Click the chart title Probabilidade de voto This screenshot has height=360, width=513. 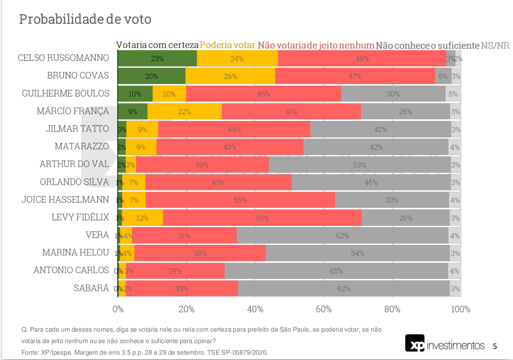pyautogui.click(x=85, y=19)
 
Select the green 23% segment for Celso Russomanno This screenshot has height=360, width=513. pyautogui.click(x=157, y=58)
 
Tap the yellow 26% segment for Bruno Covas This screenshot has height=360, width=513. pyautogui.click(x=230, y=76)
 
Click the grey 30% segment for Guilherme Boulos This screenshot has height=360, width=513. pyautogui.click(x=393, y=94)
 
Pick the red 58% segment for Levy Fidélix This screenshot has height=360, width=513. pyautogui.click(x=262, y=218)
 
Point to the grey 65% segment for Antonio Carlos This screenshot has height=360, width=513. pyautogui.click(x=336, y=271)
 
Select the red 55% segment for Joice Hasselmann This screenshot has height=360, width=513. pyautogui.click(x=240, y=200)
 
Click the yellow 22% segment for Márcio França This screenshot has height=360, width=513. pyautogui.click(x=184, y=111)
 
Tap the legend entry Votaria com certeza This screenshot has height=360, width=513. pyautogui.click(x=158, y=45)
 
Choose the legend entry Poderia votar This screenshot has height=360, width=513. pyautogui.click(x=227, y=45)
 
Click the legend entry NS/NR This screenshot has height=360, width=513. pyautogui.click(x=495, y=45)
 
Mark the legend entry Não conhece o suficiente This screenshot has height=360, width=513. pyautogui.click(x=427, y=45)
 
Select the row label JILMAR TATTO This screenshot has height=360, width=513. pyautogui.click(x=77, y=129)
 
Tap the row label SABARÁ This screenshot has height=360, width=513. pyautogui.click(x=91, y=288)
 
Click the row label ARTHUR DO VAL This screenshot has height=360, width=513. pyautogui.click(x=74, y=164)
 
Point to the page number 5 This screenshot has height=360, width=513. pyautogui.click(x=495, y=346)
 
